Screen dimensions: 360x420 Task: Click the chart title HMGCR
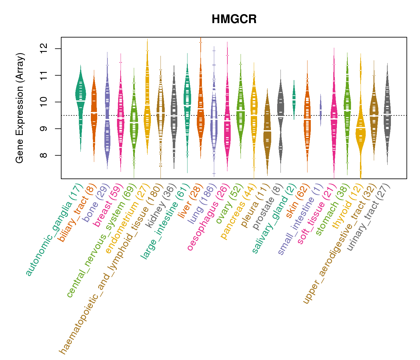234,19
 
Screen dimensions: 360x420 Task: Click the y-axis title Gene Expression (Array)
20,108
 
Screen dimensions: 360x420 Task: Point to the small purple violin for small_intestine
321,109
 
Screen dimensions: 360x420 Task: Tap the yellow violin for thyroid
360,132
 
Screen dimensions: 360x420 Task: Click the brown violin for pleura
267,132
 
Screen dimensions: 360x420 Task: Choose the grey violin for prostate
281,120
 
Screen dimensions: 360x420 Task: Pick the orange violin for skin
307,120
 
